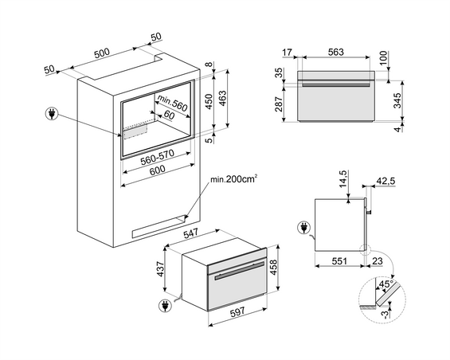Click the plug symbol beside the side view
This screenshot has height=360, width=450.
pos(303,229)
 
